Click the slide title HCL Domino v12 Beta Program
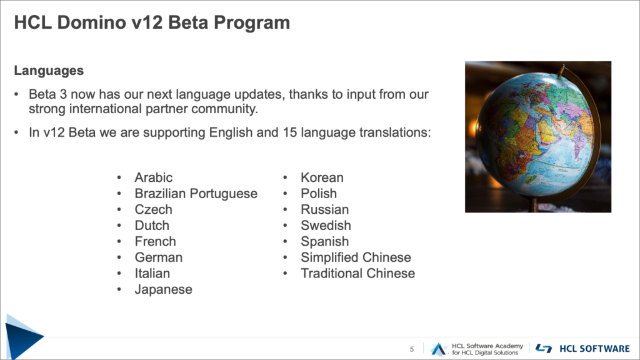coord(152,22)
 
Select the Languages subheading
coord(49,71)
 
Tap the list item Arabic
coord(154,177)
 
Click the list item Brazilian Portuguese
coord(196,194)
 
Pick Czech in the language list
coord(154,209)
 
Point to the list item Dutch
coord(152,225)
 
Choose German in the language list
coord(159,257)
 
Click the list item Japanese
coord(163,289)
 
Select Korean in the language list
coord(322,177)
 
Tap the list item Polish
coord(319,194)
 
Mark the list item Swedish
coord(326,225)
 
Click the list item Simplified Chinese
coord(356,257)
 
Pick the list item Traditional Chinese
coord(358,273)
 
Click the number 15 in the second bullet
coord(290,132)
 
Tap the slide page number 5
coord(412,349)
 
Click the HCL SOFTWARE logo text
coord(595,349)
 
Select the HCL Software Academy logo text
coord(487,349)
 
